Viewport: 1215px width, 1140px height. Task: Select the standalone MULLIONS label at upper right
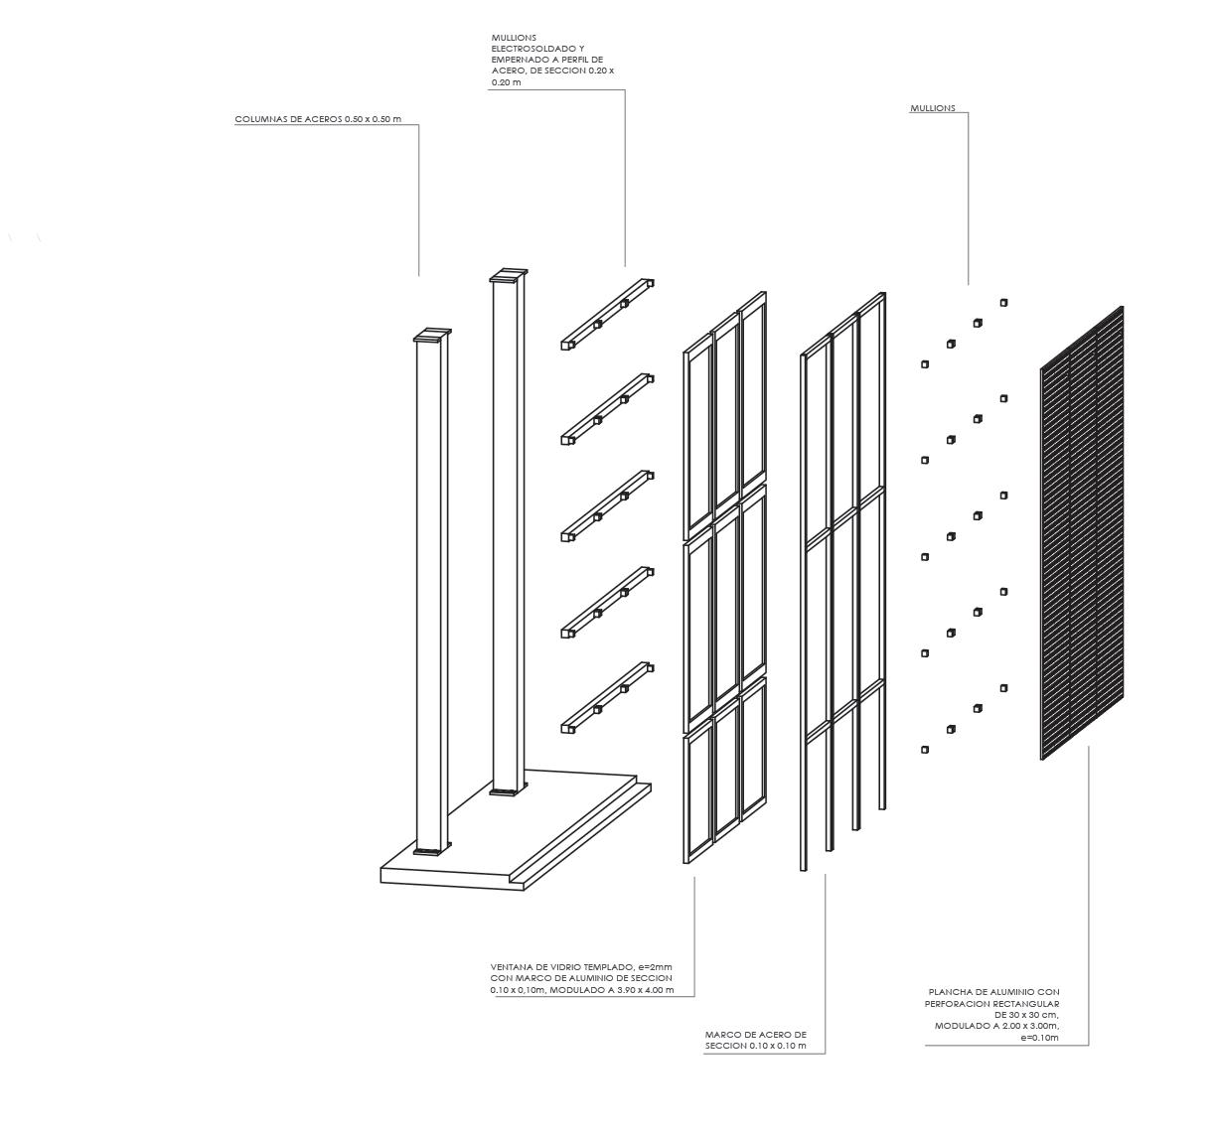(x=932, y=108)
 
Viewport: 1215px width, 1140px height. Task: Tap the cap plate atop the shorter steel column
(x=432, y=336)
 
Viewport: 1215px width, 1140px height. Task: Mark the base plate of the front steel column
(x=429, y=852)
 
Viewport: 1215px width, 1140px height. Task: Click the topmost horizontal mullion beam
(x=606, y=314)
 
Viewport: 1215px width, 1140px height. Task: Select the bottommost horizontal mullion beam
(x=606, y=697)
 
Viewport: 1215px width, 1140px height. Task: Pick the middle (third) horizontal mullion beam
(x=606, y=505)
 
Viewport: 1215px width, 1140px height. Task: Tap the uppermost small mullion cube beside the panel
(x=1004, y=303)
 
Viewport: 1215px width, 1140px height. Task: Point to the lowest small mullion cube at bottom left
(x=925, y=750)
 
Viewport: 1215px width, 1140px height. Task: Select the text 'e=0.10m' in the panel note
(x=1040, y=1038)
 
